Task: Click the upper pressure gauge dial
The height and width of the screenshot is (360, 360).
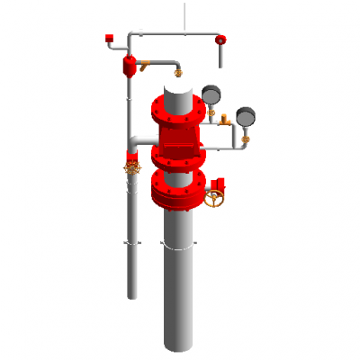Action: click(212, 94)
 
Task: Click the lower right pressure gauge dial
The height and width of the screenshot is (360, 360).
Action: click(245, 115)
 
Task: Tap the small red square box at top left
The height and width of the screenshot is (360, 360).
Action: click(110, 38)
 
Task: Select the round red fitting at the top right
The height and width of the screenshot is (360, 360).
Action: click(220, 40)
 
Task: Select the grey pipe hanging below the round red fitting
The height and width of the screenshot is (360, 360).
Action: click(220, 57)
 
